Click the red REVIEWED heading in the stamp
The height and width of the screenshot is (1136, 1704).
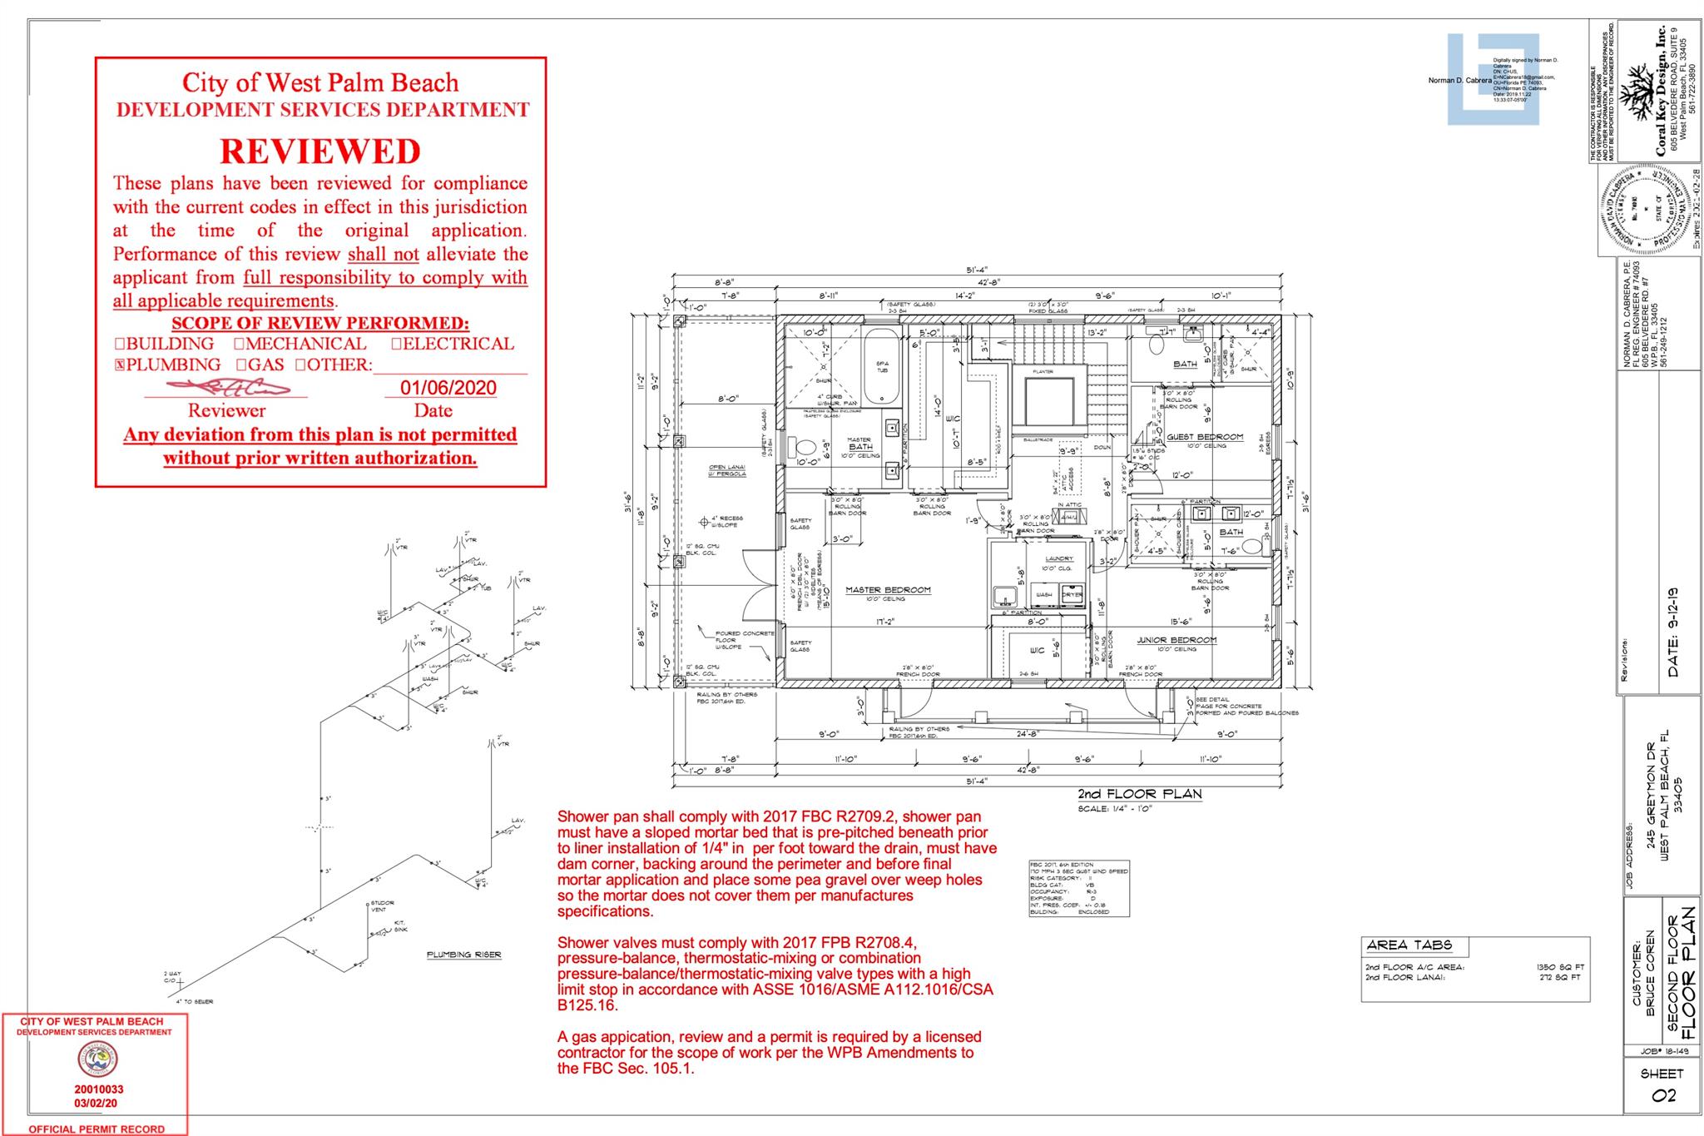[x=320, y=151]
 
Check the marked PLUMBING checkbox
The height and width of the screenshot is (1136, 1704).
[x=119, y=365]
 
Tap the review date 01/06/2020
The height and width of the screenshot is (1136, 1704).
[x=448, y=388]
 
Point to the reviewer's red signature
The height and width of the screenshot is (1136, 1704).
[x=228, y=387]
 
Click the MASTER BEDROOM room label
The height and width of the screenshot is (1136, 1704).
[x=888, y=590]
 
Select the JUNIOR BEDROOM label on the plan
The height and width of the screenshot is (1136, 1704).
[x=1176, y=640]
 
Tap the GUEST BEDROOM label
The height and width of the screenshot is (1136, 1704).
[x=1205, y=437]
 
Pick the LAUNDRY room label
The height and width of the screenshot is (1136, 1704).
[x=1058, y=558]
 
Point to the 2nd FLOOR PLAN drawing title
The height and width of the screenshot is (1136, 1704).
[x=1139, y=794]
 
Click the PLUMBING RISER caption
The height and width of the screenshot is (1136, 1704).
[x=463, y=955]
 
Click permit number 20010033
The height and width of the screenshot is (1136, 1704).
[x=98, y=1089]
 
